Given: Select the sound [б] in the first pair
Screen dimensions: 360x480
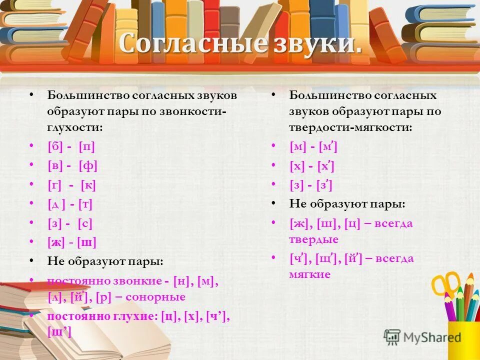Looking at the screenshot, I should pyautogui.click(x=54, y=147).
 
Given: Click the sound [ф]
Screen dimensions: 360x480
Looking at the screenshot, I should pyautogui.click(x=87, y=166).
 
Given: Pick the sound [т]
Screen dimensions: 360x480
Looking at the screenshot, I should pyautogui.click(x=85, y=204).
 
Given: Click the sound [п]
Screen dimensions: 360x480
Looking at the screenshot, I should pyautogui.click(x=86, y=147).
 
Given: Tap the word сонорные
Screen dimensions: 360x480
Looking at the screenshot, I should pyautogui.click(x=155, y=296).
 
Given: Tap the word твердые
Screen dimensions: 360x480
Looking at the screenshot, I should pyautogui.click(x=313, y=239).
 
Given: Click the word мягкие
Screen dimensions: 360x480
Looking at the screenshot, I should pyautogui.click(x=309, y=274).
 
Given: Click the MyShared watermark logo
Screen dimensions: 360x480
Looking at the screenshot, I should pyautogui.click(x=423, y=337).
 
